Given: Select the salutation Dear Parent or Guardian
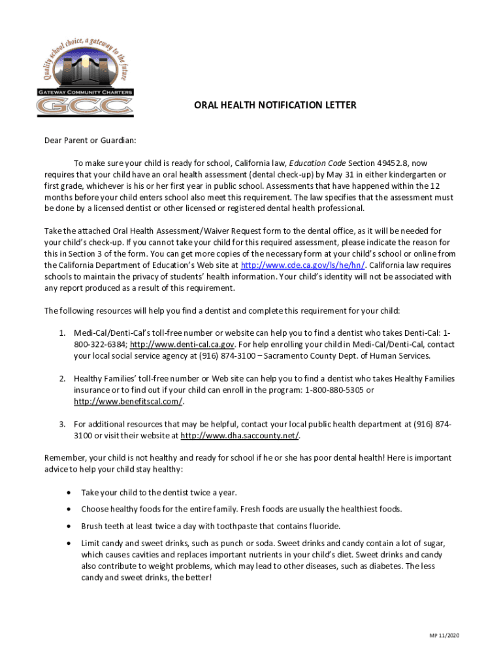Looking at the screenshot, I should (90, 140).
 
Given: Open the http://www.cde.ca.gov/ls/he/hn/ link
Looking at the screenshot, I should (303, 265).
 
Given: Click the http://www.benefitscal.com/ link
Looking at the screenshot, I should (128, 401).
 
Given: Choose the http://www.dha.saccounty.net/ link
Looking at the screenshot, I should (240, 436).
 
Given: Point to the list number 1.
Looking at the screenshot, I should (63, 333).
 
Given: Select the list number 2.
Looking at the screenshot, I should (63, 379).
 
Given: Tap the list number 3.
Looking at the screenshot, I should (63, 424).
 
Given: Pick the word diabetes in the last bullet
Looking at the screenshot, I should (378, 566).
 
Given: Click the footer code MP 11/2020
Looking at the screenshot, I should (444, 636).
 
